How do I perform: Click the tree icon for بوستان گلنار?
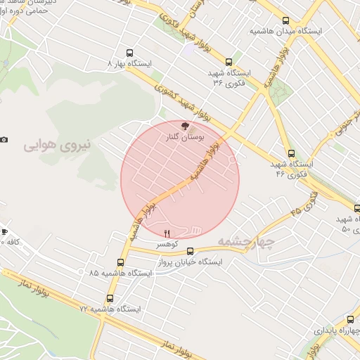[x=185, y=126]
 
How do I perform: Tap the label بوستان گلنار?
[x=185, y=138]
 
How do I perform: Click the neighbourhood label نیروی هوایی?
[x=58, y=145]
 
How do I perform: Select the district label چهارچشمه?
[x=245, y=241]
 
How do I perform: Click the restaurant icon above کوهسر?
[x=167, y=233]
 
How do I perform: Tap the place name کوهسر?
[x=167, y=244]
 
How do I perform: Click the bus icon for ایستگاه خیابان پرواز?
[x=191, y=250]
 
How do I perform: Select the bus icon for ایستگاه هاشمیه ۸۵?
[x=94, y=272]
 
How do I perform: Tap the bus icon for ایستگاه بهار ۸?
[x=129, y=52]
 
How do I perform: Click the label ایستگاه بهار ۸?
[x=129, y=63]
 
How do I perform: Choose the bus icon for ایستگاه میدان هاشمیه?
[x=285, y=21]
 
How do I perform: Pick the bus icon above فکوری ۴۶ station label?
[x=291, y=153]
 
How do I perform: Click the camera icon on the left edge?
[x=4, y=139]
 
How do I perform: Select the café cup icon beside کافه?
[x=4, y=231]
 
